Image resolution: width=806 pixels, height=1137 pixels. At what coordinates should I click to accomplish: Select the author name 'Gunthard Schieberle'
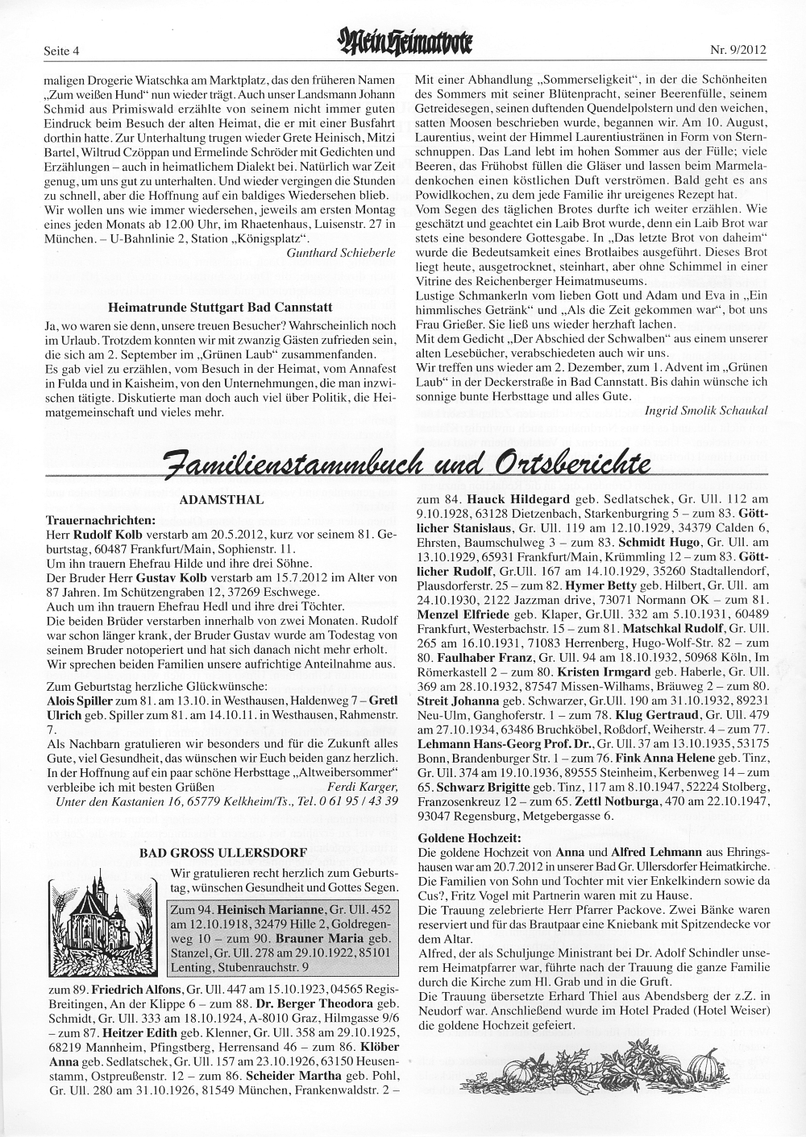[x=341, y=252]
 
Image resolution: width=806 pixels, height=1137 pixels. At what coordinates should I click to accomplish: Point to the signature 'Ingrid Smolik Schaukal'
[x=707, y=410]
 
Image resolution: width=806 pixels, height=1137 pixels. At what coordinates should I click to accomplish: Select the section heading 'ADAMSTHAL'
[x=221, y=500]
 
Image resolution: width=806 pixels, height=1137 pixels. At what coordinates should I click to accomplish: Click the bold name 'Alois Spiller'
[x=80, y=701]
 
